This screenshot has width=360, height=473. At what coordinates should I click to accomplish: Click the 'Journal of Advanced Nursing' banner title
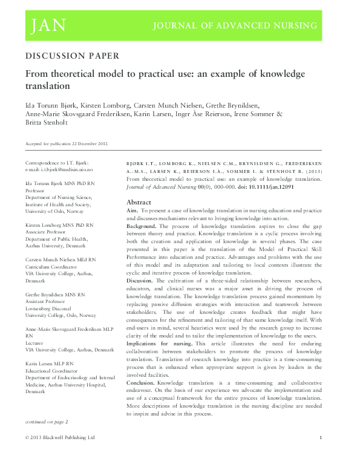tap(235, 26)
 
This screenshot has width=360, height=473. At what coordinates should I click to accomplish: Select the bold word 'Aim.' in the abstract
tap(133, 210)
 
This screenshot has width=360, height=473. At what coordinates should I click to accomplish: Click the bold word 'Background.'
tap(141, 226)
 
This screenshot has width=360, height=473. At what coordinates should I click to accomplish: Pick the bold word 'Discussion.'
tap(140, 281)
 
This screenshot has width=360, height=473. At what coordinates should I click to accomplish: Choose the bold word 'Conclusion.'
tap(140, 382)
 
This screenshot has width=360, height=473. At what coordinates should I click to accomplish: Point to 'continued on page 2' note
tap(47, 421)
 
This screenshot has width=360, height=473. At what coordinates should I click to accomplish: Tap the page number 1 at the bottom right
tap(320, 437)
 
